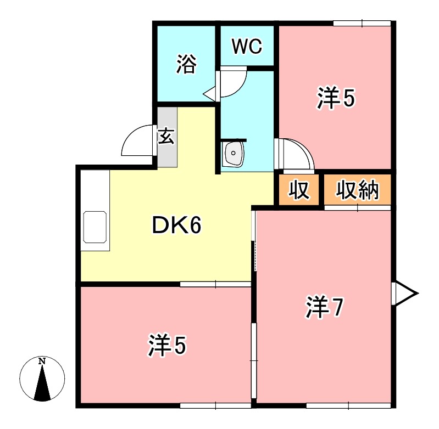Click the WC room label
coord(247,47)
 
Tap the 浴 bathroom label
coord(186,65)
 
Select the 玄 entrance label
coord(167,136)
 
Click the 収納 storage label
coord(358,190)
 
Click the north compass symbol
coord(42,379)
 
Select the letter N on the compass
coord(42,361)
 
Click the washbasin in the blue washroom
coord(234,154)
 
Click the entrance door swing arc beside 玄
coord(137,140)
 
